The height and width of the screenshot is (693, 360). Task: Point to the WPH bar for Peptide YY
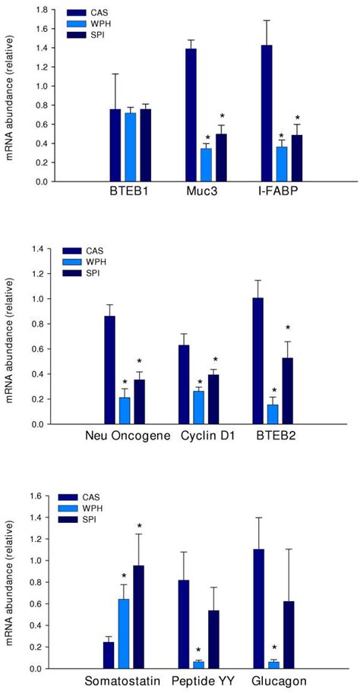point(199,665)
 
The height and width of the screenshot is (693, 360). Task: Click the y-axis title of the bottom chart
point(13,582)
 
